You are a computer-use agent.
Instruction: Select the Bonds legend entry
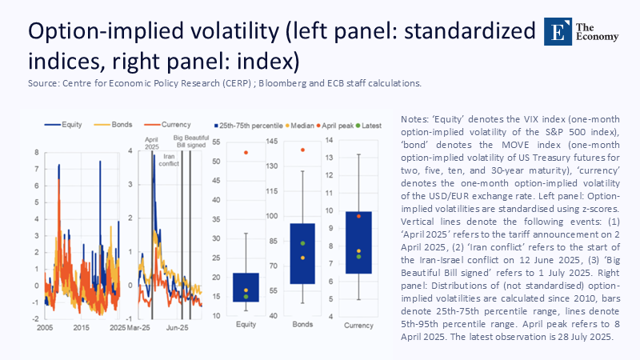(107, 126)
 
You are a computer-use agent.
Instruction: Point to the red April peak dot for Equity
(246, 152)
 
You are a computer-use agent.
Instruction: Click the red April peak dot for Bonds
(302, 150)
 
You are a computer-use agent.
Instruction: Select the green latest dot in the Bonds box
(302, 243)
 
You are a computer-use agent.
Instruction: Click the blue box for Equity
(246, 286)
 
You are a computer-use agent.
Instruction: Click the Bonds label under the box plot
(302, 325)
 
